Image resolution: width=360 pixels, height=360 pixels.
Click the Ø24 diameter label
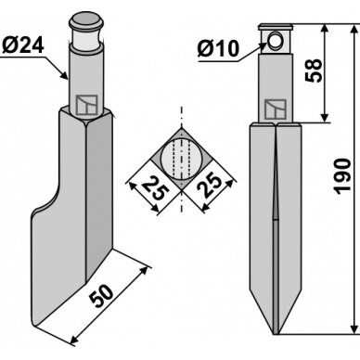[23, 45]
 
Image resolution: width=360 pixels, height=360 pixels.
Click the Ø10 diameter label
[218, 48]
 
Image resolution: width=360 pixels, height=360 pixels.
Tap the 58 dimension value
[314, 71]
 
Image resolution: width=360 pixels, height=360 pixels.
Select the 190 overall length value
[343, 176]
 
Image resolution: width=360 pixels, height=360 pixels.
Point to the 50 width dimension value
[101, 296]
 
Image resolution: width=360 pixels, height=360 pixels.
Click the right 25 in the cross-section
[210, 186]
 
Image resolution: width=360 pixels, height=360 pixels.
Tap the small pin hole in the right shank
[275, 41]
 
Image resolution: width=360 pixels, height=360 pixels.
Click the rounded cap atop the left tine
[86, 19]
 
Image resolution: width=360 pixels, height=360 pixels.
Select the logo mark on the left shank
[87, 105]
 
